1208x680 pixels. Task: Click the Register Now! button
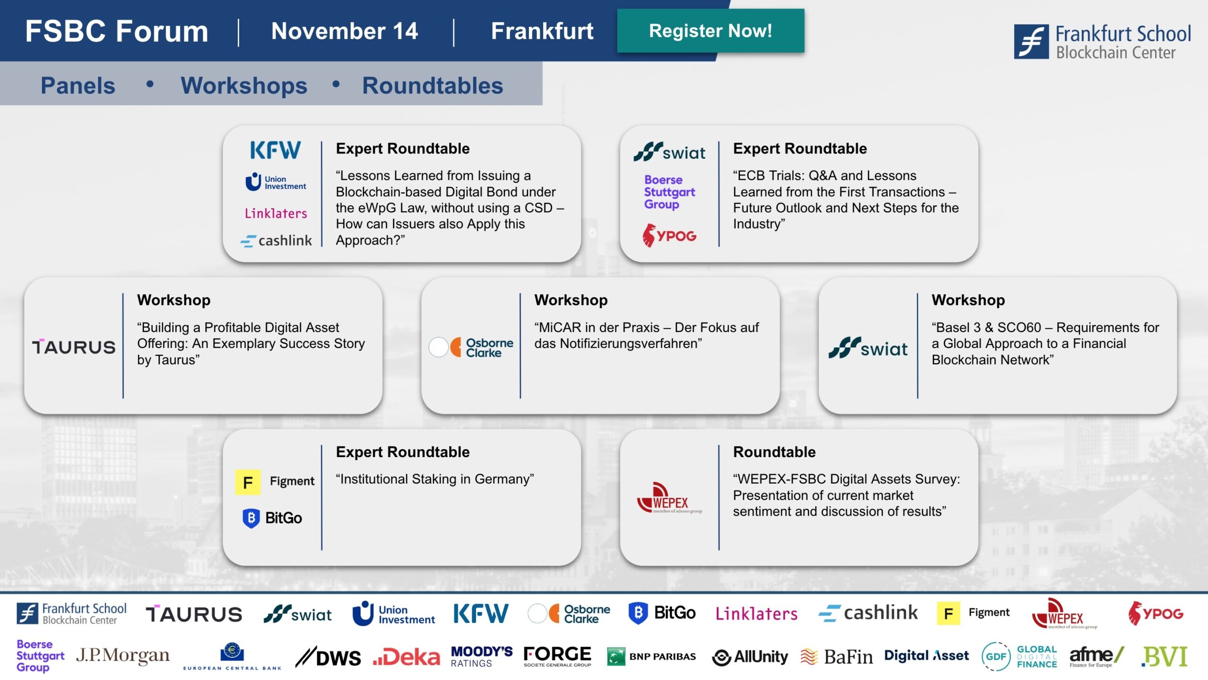711,31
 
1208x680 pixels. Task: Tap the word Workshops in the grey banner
244,85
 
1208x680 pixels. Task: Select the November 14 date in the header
344,31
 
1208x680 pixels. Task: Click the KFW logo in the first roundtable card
275,150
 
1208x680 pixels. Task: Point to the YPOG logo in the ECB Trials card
669,235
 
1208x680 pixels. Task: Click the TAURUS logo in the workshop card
74,347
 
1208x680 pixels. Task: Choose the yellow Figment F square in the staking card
248,482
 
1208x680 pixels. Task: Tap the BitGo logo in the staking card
272,518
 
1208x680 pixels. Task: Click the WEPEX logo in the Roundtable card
669,498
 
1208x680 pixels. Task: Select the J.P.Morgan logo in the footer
123,656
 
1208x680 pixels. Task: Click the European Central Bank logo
232,656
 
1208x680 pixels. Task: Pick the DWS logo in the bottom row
328,657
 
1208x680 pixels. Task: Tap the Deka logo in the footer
406,657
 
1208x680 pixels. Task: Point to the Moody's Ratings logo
482,657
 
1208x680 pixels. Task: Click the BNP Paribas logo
651,656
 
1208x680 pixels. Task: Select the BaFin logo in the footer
837,656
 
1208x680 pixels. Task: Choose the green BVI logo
1164,656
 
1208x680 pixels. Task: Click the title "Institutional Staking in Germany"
435,479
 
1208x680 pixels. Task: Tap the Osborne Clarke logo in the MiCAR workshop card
471,348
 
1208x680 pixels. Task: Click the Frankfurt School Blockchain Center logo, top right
1102,42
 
